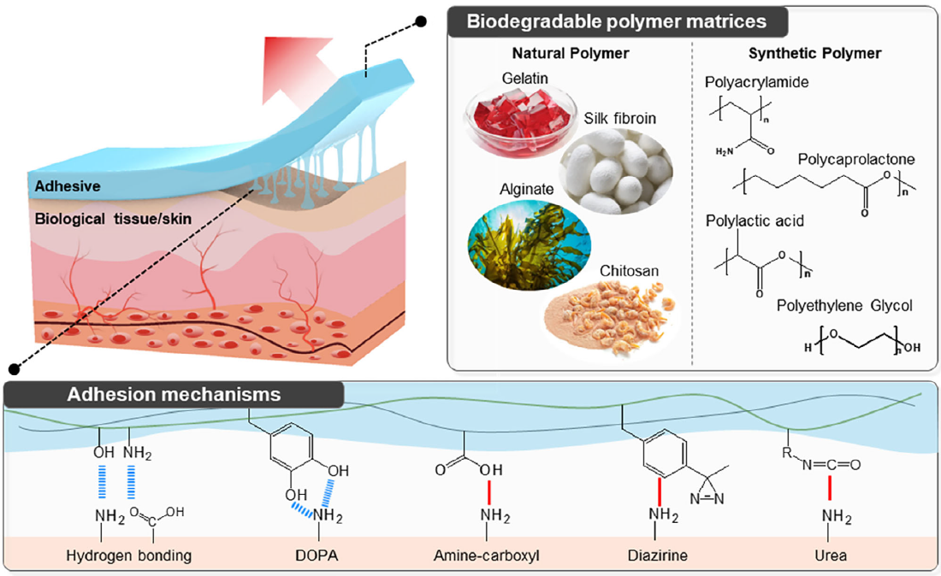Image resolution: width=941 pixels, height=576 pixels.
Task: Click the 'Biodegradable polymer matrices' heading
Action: pos(616,21)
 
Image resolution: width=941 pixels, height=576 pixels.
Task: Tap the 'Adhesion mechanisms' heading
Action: pos(174,394)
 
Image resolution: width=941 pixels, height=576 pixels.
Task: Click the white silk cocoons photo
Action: pos(616,172)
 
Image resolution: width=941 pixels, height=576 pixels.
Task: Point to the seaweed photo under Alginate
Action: pos(529,245)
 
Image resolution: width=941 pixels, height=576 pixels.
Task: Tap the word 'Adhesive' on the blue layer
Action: pos(68,186)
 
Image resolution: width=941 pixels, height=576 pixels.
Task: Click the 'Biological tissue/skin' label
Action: pos(113,219)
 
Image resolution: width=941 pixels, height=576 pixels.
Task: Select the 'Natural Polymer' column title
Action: pos(571,53)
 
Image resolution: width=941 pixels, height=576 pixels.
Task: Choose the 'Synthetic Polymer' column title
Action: pos(814,53)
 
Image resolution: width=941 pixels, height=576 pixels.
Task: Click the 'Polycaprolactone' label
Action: pos(856,160)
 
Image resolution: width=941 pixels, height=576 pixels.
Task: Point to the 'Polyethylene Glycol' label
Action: pos(844,306)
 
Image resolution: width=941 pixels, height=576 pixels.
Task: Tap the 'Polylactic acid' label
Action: pos(755,221)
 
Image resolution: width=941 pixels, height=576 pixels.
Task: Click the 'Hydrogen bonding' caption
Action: pos(128,555)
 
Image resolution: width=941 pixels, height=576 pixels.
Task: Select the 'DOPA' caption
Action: pos(317,555)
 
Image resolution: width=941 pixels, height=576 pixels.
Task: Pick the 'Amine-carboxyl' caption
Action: pos(486,555)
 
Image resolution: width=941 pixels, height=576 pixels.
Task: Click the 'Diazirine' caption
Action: pos(657,555)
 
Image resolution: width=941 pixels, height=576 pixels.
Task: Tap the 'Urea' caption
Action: pos(831,555)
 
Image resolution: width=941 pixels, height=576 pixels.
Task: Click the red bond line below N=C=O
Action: pos(830,488)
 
